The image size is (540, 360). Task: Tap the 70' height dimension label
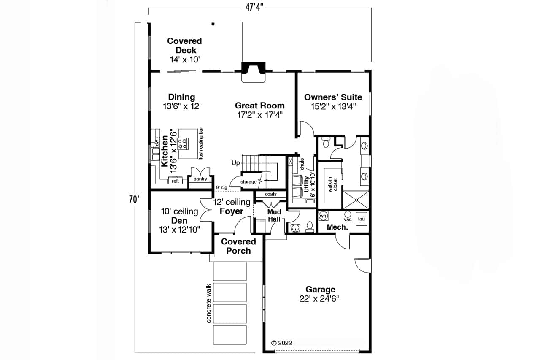coord(134,199)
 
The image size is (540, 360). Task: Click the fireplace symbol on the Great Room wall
coord(253,71)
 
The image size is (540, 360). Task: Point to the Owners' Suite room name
coord(333,97)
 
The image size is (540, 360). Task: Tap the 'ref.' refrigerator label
coord(175,181)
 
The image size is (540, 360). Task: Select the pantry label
coord(200,179)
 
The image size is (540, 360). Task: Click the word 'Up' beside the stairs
coord(235,162)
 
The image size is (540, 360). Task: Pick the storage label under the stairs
coord(248,182)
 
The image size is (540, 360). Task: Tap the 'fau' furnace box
coord(362,219)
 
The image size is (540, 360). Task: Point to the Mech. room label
coord(338,227)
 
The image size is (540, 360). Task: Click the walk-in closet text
coord(332,185)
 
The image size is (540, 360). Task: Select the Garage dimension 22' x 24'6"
coord(321,298)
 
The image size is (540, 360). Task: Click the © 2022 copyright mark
coord(281,343)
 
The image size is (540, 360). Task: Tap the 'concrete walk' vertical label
coord(208,304)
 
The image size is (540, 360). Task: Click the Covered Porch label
coord(238,246)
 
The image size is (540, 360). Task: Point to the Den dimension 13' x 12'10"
coord(180,229)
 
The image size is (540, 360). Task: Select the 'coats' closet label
coord(271,194)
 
